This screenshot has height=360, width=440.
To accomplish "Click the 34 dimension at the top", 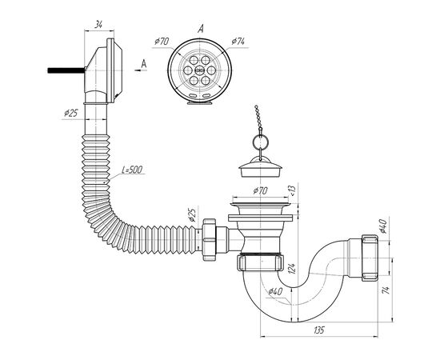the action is (98, 25).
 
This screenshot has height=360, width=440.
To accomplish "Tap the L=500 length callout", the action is (132, 170).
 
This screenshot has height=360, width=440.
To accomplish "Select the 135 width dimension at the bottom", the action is (319, 330).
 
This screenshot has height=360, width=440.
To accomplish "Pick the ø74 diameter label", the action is (238, 42).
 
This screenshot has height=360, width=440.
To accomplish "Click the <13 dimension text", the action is (292, 190).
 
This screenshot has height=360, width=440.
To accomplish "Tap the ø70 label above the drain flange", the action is (260, 191).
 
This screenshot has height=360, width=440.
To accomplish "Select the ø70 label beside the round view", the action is (162, 42).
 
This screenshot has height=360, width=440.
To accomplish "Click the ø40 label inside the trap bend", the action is (275, 291).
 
